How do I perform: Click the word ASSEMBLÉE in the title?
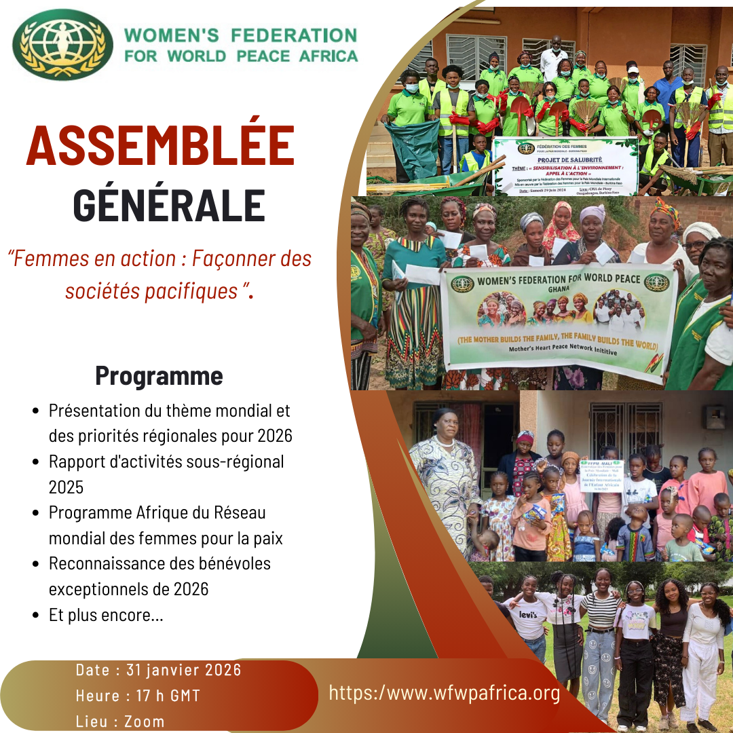pyautogui.click(x=160, y=147)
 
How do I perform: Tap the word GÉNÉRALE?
pyautogui.click(x=169, y=204)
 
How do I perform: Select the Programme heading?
pyautogui.click(x=159, y=375)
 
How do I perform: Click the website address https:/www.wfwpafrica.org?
pyautogui.click(x=445, y=693)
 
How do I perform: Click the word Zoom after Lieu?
pyautogui.click(x=145, y=721)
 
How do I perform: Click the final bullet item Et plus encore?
pyautogui.click(x=106, y=616)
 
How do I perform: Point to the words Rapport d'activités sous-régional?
pyautogui.click(x=166, y=462)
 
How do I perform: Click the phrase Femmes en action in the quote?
pyautogui.click(x=94, y=259)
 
